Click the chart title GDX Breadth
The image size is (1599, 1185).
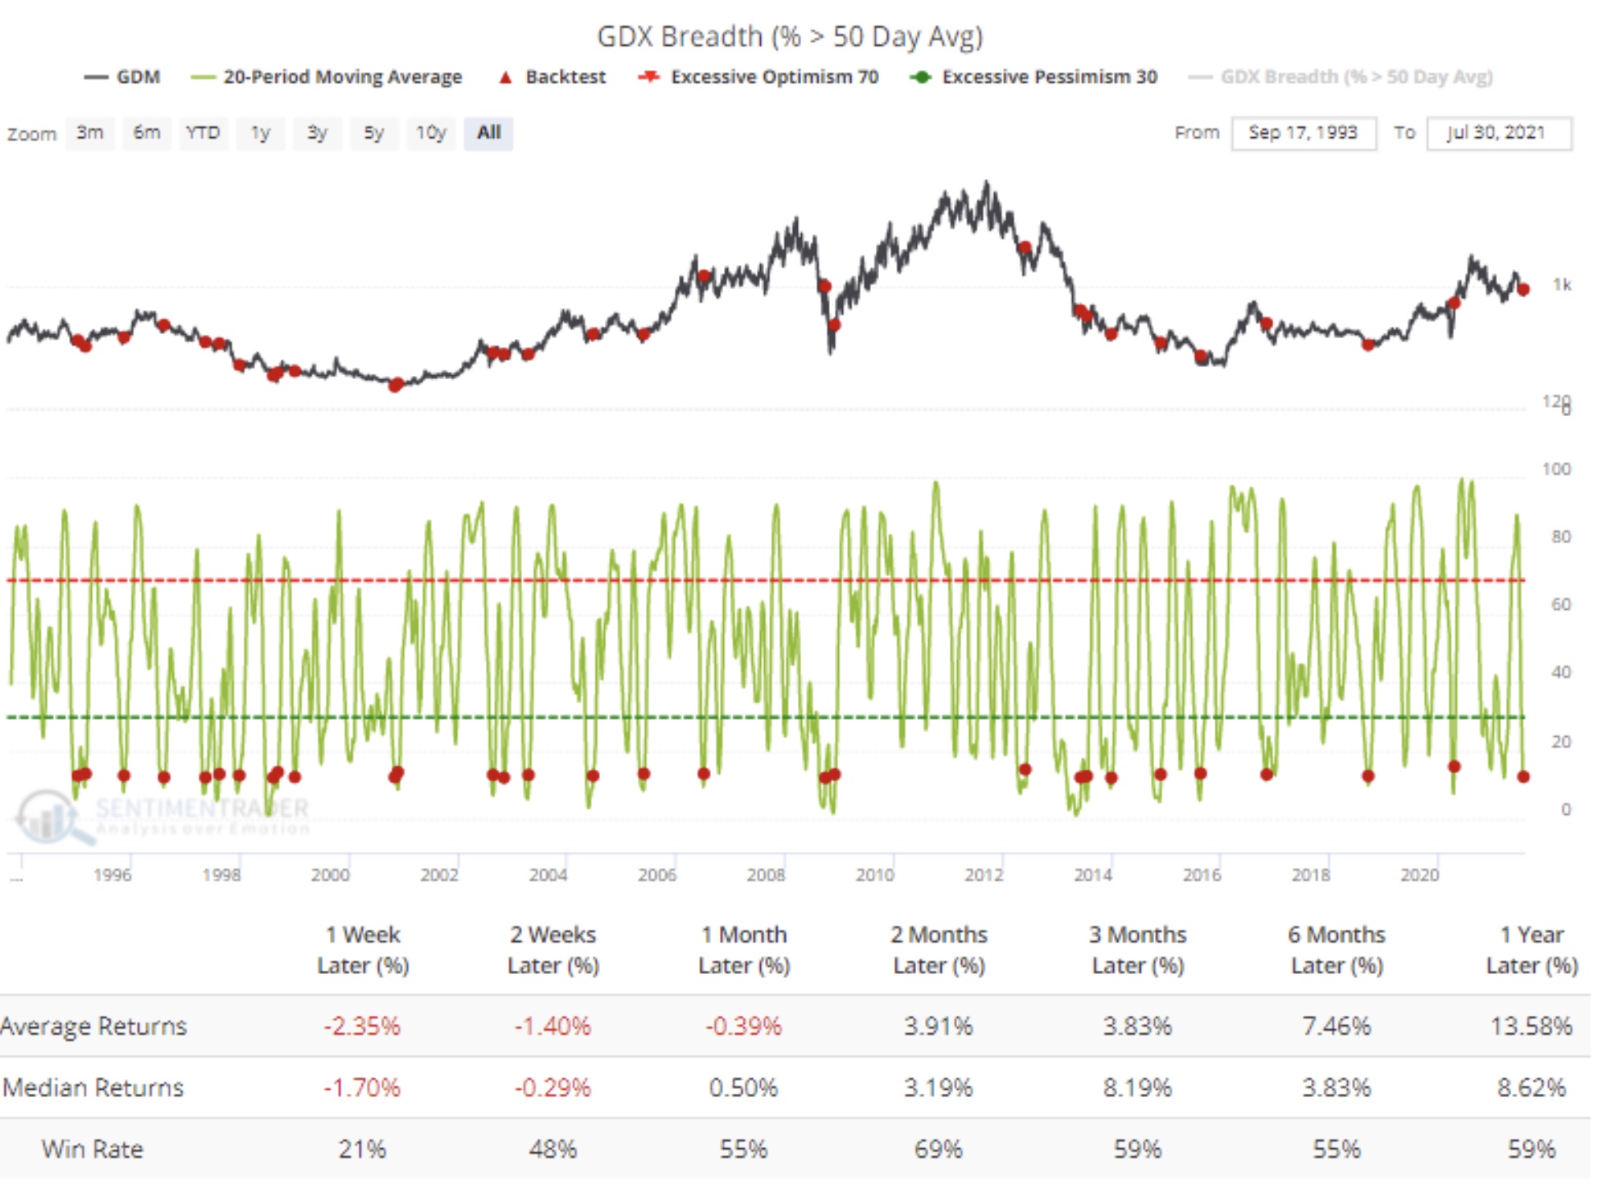click(789, 37)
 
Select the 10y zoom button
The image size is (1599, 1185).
click(430, 133)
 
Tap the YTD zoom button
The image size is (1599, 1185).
click(203, 133)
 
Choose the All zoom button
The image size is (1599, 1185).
click(488, 133)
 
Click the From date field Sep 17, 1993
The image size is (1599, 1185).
click(1303, 133)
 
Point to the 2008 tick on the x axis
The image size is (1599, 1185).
click(766, 875)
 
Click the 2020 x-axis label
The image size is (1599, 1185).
click(1419, 875)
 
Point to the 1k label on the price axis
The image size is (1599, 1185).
click(1561, 285)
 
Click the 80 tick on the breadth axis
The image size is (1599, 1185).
click(1560, 537)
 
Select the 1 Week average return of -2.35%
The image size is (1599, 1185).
click(362, 1026)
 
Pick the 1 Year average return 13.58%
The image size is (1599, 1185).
click(1531, 1026)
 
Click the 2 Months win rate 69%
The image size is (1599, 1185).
click(938, 1149)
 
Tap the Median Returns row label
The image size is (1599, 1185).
click(93, 1087)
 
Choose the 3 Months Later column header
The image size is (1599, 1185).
click(1138, 949)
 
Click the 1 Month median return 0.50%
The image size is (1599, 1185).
click(743, 1087)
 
